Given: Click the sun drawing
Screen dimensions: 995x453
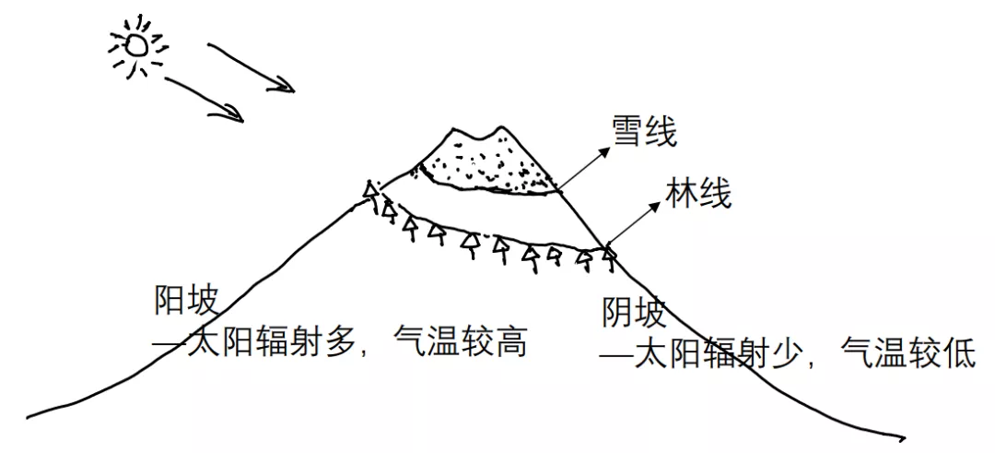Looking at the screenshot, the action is tap(137, 43).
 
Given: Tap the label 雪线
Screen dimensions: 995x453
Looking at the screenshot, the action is tap(644, 134).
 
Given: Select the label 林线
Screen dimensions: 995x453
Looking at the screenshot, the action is tap(697, 195).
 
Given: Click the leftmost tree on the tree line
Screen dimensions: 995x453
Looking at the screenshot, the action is tap(371, 192).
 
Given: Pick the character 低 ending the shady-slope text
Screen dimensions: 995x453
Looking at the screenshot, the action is tap(959, 354).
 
